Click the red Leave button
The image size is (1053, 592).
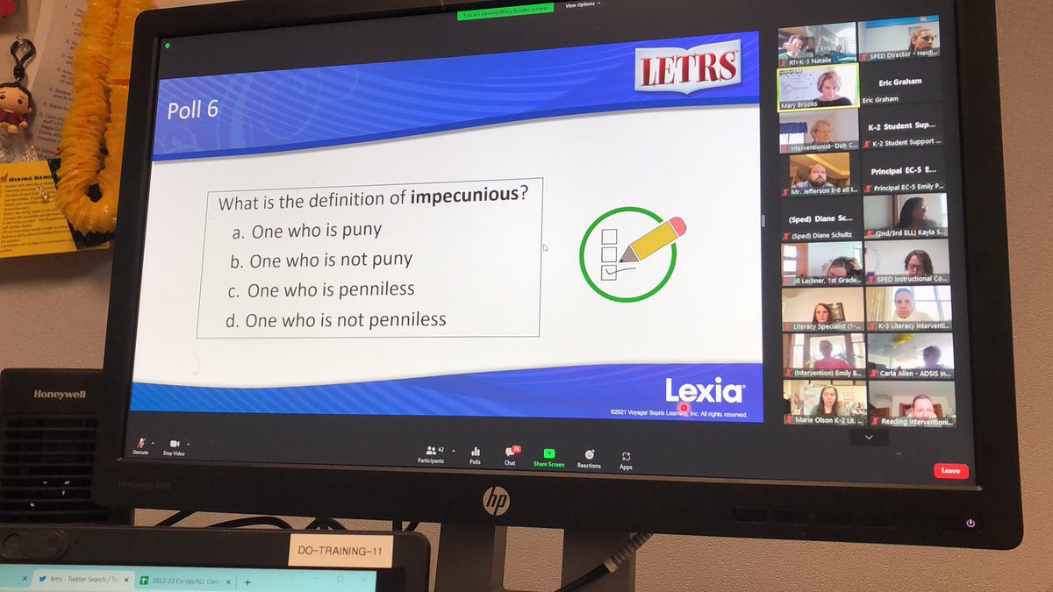coord(950,471)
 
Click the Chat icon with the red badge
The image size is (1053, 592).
coord(511,453)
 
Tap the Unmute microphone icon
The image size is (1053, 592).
coord(140,445)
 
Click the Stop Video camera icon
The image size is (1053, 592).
coord(174,445)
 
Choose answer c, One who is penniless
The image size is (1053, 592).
coord(331,289)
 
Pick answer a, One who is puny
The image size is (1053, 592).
coord(317,232)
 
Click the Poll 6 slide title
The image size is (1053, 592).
coord(192,110)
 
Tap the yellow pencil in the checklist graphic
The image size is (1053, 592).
coord(651,239)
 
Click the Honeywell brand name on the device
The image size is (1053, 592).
coord(60,394)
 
